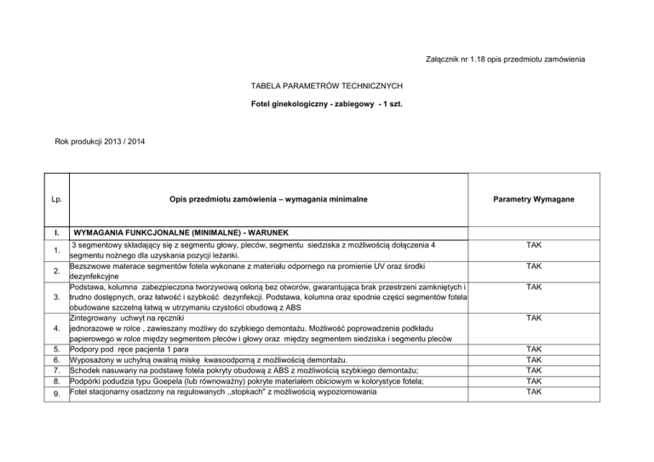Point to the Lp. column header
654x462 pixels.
coord(55,199)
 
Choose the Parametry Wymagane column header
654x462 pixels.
coord(534,199)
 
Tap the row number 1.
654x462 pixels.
coord(54,250)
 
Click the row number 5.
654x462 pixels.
coord(54,349)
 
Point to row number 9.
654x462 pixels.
coord(54,394)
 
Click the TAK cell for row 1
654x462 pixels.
coord(534,244)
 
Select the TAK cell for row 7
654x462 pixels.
coord(534,371)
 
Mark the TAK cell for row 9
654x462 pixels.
coord(534,392)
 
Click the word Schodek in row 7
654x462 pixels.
coord(90,371)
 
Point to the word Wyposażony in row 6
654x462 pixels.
coord(97,361)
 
